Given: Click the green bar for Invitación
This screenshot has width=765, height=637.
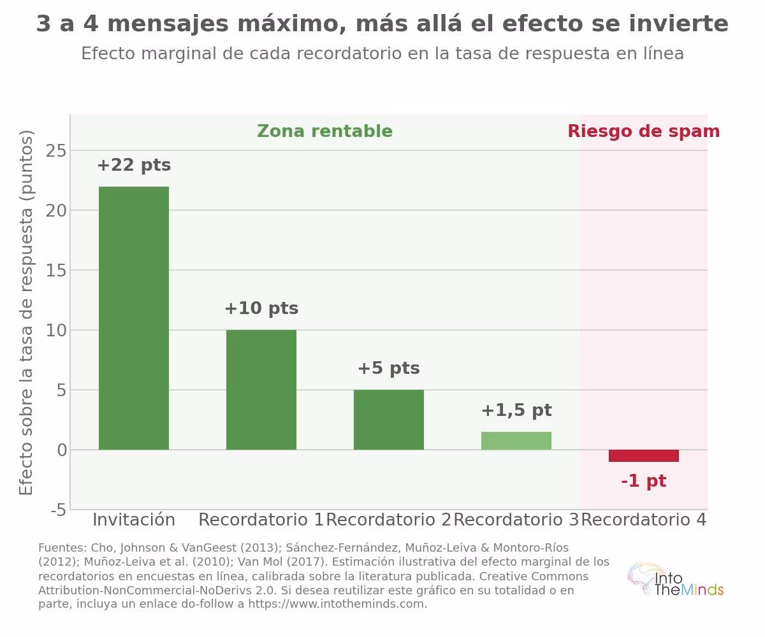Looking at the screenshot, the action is coord(134,318).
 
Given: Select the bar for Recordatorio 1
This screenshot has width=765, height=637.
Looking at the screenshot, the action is coord(261,389).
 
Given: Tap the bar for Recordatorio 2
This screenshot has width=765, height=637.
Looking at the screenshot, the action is coord(389,420).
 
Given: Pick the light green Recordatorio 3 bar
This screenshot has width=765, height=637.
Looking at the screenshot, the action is coord(516,441).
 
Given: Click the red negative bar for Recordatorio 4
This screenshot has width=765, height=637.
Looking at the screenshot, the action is coord(644,455).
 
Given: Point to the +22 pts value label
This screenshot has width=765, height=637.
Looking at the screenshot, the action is coord(134,166).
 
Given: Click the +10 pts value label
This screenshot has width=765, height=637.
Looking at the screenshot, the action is coord(261,308).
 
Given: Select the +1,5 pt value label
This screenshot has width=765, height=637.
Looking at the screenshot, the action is coord(516,410).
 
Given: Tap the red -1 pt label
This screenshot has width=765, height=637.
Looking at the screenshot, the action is coord(644,481).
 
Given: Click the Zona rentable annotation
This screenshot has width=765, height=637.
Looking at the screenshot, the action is coord(324,131).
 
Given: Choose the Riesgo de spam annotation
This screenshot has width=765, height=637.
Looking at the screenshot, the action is coord(644,132).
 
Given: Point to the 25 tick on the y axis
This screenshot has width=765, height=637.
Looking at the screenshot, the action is coord(56,150).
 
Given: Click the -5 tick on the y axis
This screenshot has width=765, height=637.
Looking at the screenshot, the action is coord(59,510).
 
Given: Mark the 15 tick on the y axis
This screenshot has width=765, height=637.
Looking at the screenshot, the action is coord(56,270).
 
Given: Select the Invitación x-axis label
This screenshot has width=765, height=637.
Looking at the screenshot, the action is coord(134,520).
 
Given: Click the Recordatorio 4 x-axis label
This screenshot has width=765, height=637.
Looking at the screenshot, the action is coord(644,520).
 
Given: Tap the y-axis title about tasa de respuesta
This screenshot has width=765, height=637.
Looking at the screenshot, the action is coord(25,312).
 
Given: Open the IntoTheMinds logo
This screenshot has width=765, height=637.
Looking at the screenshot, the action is coord(675,580).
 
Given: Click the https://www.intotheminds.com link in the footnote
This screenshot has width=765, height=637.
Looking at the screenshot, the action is coord(337,604).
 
